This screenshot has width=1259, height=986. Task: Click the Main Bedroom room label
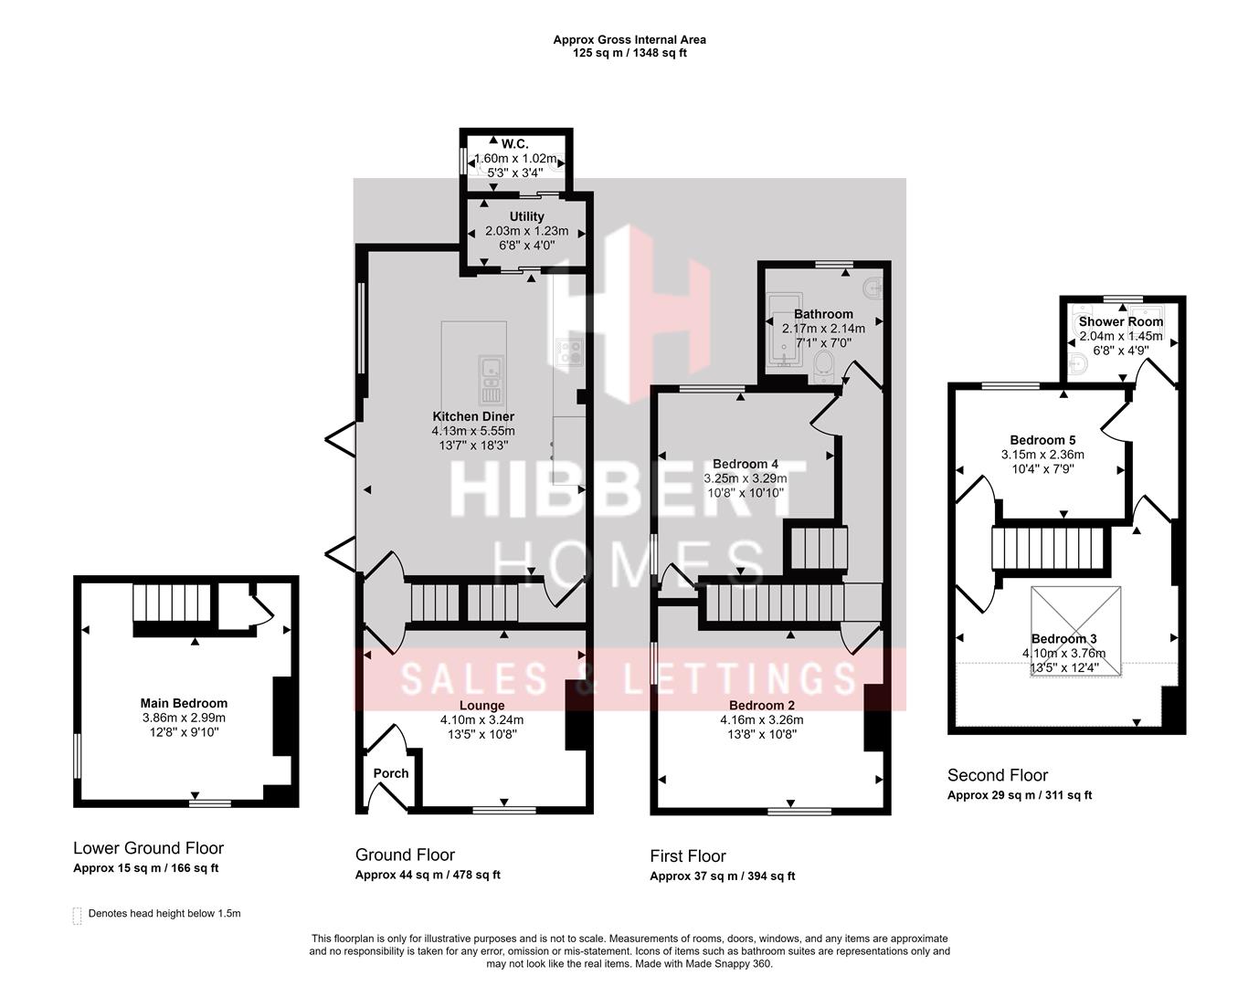(184, 703)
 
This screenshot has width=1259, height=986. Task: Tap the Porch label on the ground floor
(391, 773)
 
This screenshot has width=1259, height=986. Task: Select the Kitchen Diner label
(473, 416)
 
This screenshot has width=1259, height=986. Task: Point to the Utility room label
(526, 216)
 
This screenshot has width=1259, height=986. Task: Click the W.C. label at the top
(515, 143)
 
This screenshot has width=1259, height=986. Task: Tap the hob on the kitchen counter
(570, 351)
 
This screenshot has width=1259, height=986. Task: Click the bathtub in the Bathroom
(783, 330)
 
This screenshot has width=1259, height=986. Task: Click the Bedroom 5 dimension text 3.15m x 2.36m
(1042, 455)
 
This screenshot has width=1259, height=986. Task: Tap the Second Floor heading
(997, 775)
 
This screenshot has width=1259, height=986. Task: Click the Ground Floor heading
(405, 855)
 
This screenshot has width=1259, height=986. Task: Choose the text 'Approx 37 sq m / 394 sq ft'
(722, 876)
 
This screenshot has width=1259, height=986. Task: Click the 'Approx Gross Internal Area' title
(629, 39)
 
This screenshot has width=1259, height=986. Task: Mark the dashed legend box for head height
(78, 915)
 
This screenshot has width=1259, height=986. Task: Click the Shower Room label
(1121, 321)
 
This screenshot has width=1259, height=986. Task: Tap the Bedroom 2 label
(761, 705)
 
